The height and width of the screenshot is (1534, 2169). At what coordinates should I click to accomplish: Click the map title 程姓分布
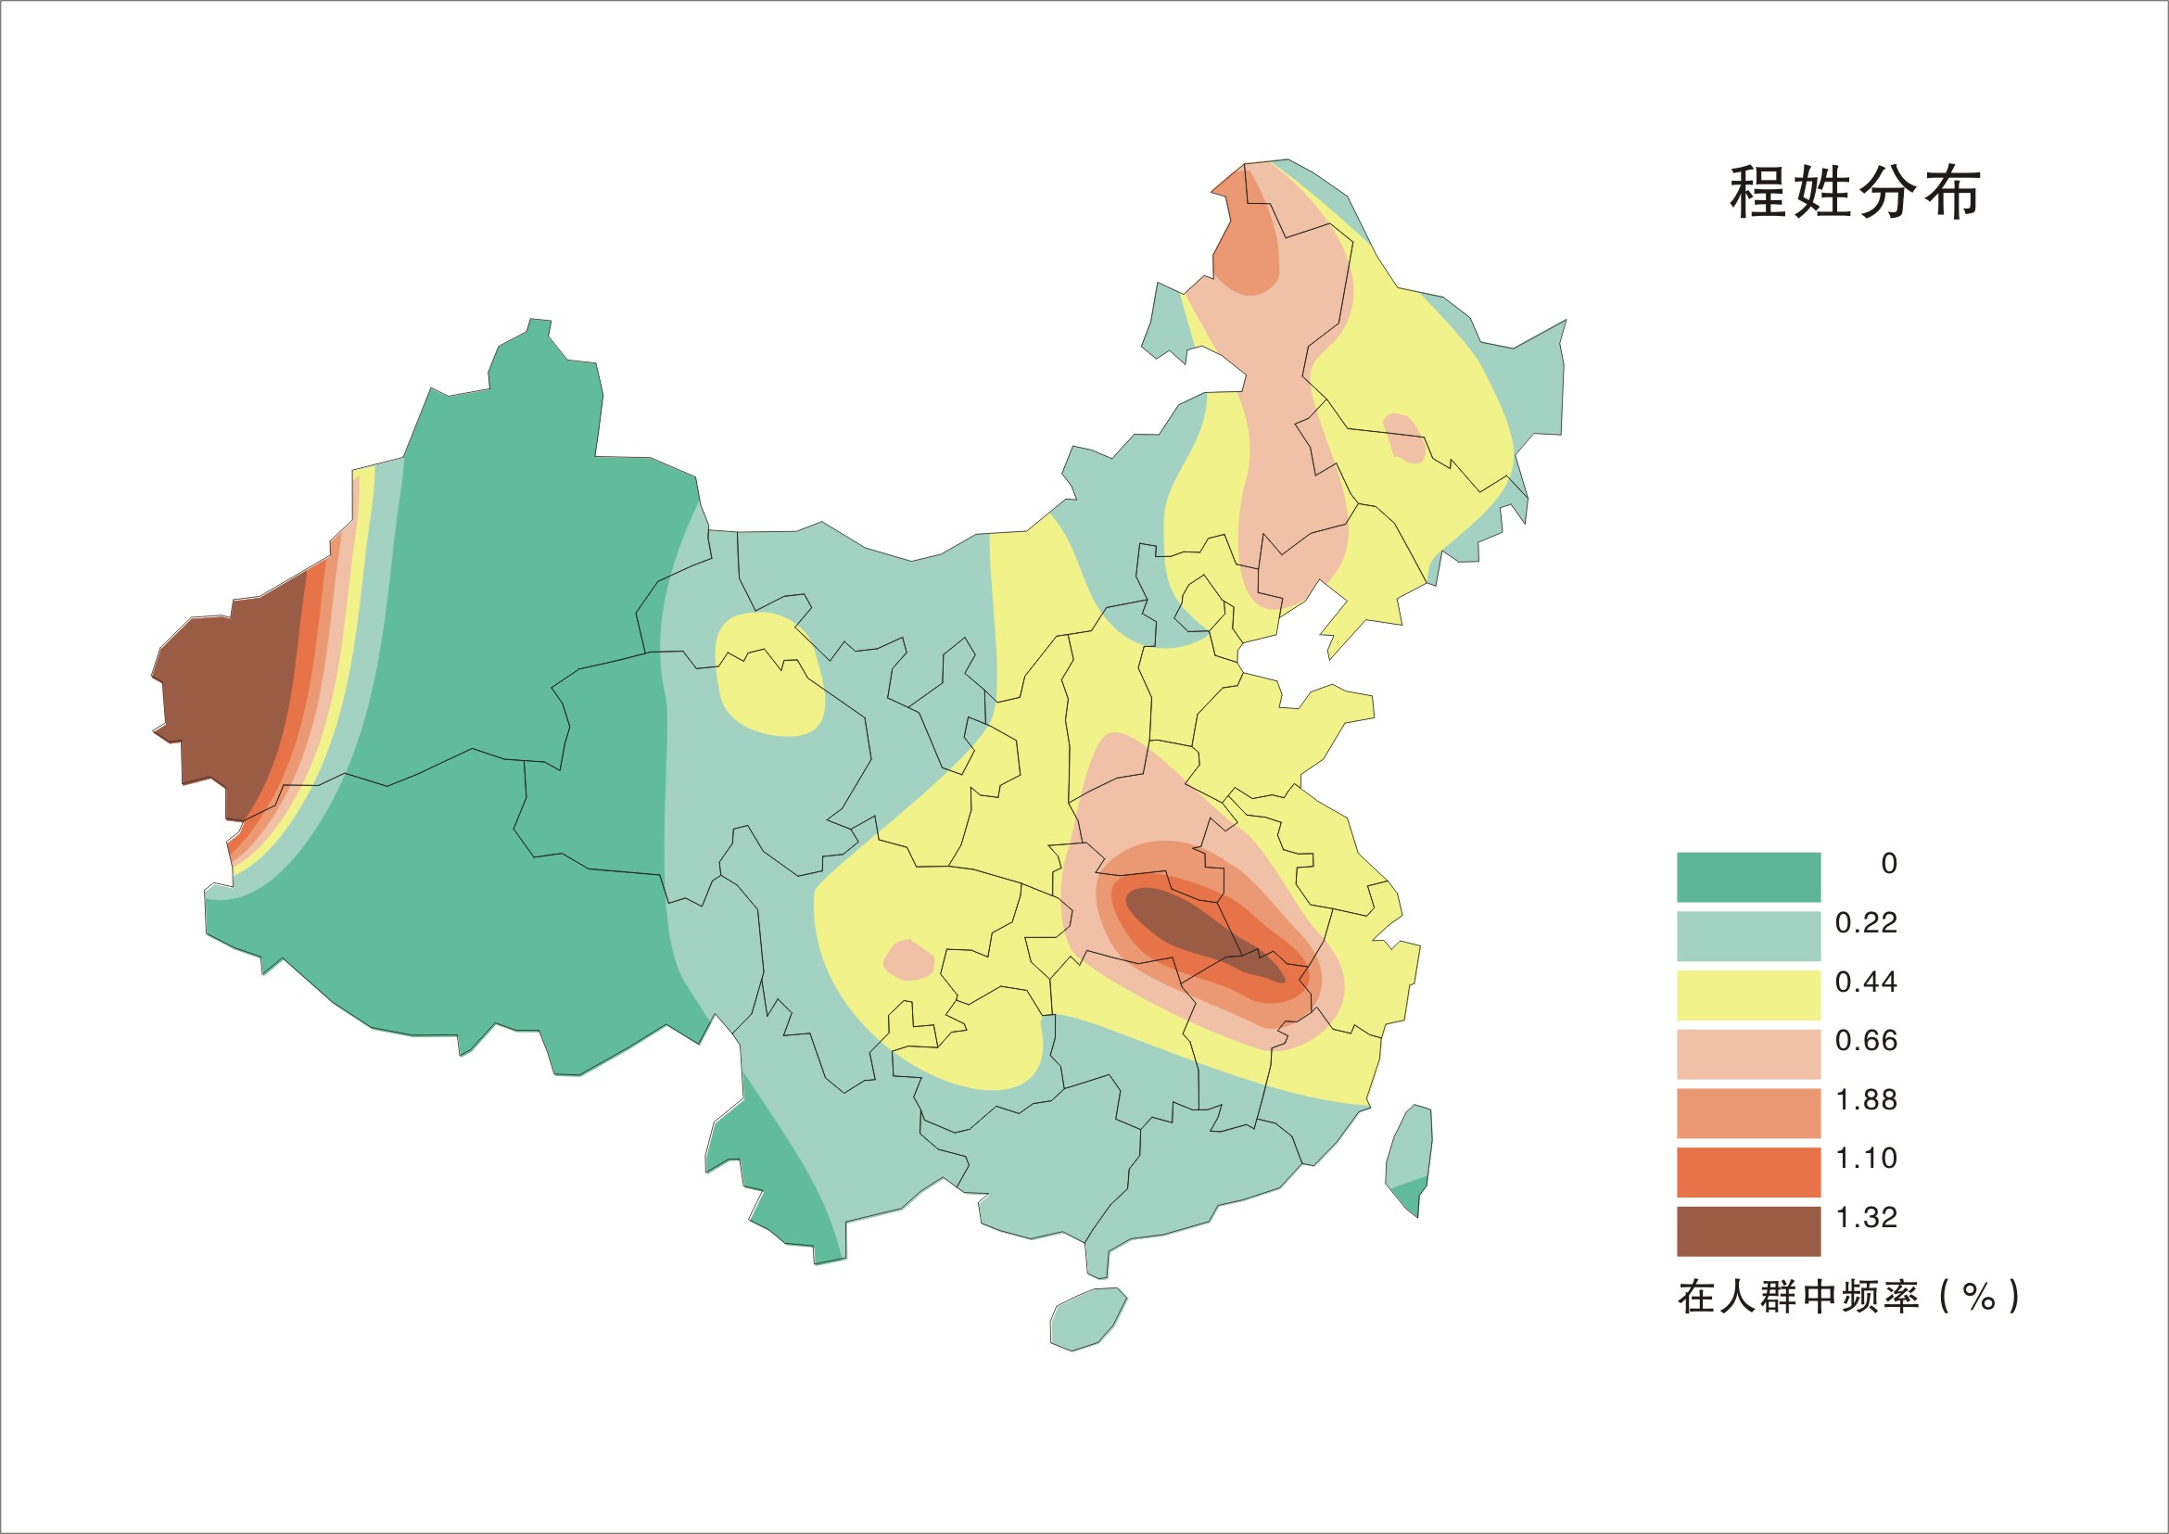[1854, 194]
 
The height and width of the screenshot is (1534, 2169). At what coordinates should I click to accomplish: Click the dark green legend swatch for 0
[1748, 877]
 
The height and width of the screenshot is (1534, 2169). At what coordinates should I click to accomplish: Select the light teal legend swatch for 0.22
[1748, 935]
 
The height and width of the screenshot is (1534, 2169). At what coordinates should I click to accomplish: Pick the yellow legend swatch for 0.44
[1748, 995]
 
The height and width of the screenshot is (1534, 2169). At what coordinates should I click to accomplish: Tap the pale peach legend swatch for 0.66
[1748, 1053]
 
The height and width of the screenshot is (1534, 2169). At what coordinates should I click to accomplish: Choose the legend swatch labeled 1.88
[1748, 1112]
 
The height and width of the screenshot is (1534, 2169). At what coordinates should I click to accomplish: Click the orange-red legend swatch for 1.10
[1748, 1172]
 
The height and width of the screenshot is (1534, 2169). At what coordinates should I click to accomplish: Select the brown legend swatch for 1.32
[1748, 1231]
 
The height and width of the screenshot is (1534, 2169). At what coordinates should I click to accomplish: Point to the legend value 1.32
[1866, 1218]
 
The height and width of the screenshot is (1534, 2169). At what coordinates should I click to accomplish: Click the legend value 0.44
[1866, 983]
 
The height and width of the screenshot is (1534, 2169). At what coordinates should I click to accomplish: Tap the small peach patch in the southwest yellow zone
[907, 960]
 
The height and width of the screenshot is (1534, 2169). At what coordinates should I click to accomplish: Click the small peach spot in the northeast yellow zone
[1403, 437]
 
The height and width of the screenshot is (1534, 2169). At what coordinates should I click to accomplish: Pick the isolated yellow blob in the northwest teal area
[770, 676]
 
